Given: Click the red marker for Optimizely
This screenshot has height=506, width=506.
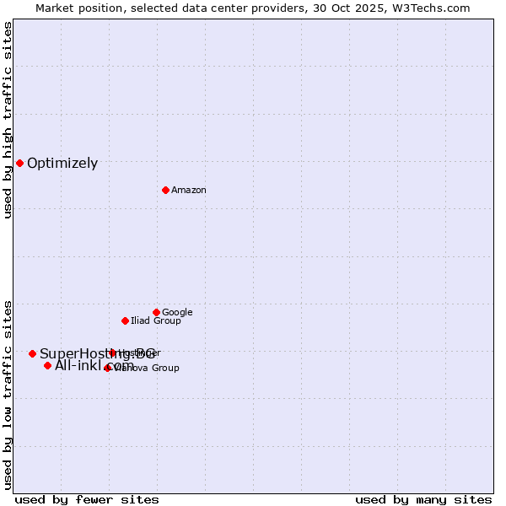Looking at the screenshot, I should (x=19, y=163).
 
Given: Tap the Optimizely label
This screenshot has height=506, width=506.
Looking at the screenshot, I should (x=62, y=164).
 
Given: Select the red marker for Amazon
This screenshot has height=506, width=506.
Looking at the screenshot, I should (x=165, y=190).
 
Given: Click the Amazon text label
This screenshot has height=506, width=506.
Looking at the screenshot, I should (x=189, y=191).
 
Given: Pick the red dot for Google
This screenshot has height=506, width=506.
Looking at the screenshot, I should (x=156, y=312).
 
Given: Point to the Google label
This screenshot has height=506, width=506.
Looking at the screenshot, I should (x=177, y=313).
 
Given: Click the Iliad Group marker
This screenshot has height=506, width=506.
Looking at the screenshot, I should (x=125, y=320).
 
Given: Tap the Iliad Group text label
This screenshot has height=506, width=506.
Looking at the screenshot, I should (x=156, y=321).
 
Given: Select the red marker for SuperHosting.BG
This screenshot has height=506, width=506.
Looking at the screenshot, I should (x=32, y=353).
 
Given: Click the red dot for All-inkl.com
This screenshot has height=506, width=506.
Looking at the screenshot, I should (x=47, y=365).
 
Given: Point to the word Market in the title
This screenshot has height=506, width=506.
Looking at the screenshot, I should (x=55, y=8).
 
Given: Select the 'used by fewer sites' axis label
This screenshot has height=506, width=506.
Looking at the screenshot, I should (x=87, y=499).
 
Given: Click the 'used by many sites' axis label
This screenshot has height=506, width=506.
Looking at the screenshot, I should (x=423, y=499).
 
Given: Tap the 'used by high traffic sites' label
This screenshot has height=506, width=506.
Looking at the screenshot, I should (x=8, y=120).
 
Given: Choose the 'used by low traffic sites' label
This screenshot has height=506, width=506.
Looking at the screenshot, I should (x=8, y=394).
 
